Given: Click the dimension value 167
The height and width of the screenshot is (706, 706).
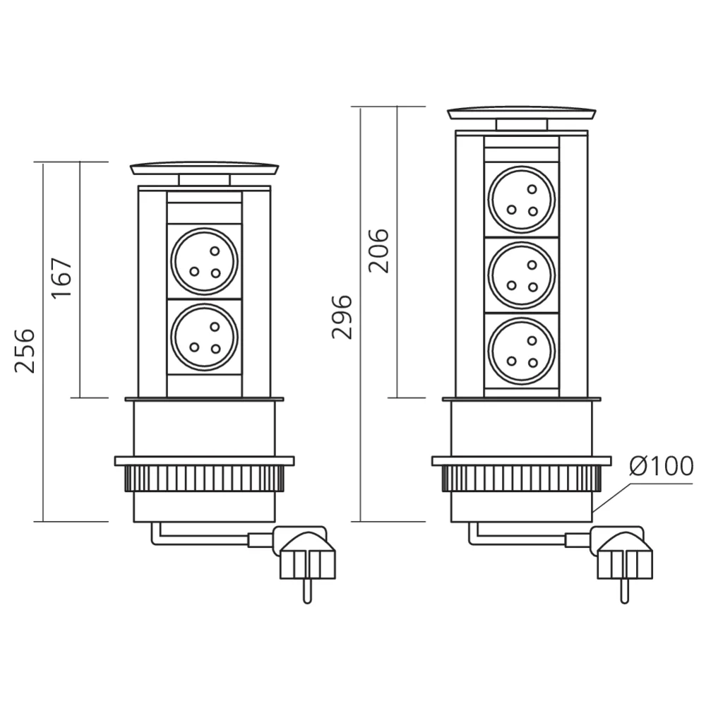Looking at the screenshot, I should [62, 278].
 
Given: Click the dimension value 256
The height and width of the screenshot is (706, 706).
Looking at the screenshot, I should [25, 350].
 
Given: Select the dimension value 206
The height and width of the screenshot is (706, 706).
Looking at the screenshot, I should [379, 250].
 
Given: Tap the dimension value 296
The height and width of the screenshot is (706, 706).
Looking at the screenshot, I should [342, 316].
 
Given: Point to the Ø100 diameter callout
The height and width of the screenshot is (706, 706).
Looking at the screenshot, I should [661, 467].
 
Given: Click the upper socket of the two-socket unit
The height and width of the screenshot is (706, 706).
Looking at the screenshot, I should [205, 261].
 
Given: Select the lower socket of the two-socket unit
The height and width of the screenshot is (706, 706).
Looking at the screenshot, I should [205, 337].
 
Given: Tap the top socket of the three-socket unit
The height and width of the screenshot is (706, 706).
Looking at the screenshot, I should [522, 198].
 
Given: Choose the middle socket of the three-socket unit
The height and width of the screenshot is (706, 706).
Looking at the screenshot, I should [522, 275].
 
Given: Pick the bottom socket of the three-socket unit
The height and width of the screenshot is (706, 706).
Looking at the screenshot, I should [522, 351].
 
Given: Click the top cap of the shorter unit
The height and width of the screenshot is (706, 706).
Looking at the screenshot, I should [205, 169].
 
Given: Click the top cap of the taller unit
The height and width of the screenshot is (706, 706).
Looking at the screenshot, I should [522, 113].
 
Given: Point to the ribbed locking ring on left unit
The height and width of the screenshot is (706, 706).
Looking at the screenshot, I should [205, 479].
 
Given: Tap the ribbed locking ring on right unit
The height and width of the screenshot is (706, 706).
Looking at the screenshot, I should [522, 479].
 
